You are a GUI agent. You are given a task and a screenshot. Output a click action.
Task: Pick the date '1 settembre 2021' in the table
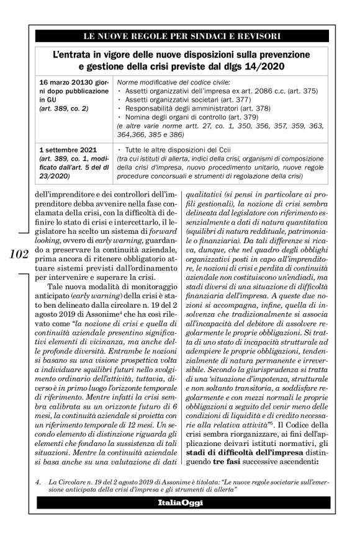tap(65, 149)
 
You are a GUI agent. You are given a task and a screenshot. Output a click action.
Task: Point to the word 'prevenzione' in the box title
tap(294, 52)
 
